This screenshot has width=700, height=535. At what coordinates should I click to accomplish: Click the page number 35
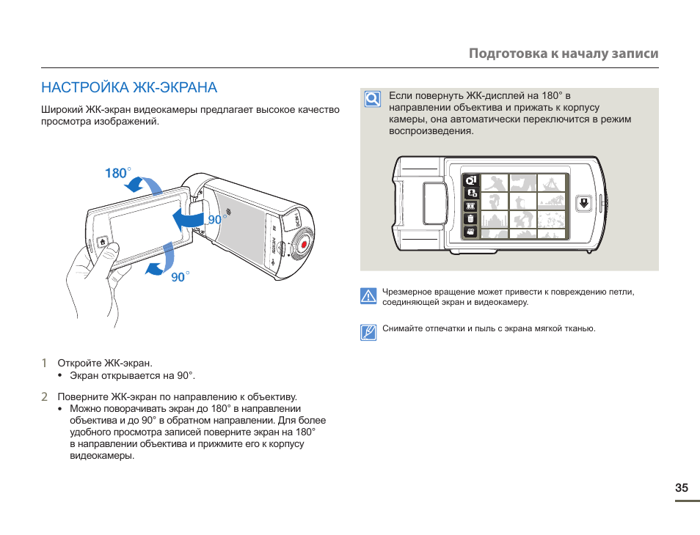pyautogui.click(x=682, y=488)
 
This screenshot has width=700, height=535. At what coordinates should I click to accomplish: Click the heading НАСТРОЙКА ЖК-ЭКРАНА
pyautogui.click(x=129, y=88)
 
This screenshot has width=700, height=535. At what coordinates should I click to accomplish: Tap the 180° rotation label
pyautogui.click(x=117, y=173)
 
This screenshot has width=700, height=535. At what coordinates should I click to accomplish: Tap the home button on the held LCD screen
pyautogui.click(x=103, y=242)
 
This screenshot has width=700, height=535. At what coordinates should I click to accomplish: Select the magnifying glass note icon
pyautogui.click(x=373, y=99)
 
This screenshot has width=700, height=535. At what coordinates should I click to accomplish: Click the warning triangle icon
pyautogui.click(x=368, y=296)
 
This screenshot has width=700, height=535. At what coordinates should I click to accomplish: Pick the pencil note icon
pyautogui.click(x=368, y=332)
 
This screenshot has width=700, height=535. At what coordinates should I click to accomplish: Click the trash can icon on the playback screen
pyautogui.click(x=470, y=218)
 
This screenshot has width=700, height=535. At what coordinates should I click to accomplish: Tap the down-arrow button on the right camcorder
pyautogui.click(x=584, y=203)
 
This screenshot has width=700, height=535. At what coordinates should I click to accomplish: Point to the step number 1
pyautogui.click(x=44, y=363)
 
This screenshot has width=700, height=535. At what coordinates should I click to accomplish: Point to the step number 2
pyautogui.click(x=44, y=396)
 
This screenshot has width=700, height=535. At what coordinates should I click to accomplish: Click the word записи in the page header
pyautogui.click(x=635, y=53)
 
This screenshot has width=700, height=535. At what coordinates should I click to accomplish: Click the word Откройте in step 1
pyautogui.click(x=79, y=363)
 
